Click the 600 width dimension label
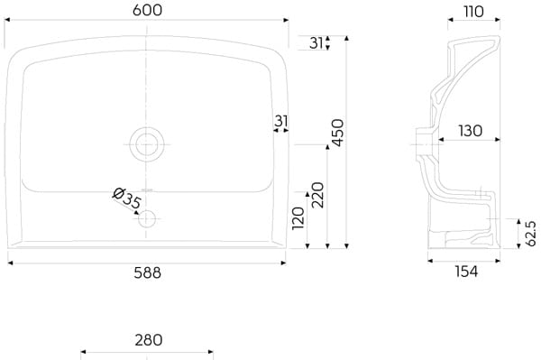[147, 10]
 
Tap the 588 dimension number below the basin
[147, 273]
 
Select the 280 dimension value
[149, 340]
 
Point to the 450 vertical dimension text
[337, 133]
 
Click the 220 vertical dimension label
[317, 195]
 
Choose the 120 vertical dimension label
[298, 218]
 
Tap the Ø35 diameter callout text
[127, 198]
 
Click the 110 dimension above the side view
[473, 12]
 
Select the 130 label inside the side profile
[471, 131]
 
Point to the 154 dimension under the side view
[466, 272]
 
